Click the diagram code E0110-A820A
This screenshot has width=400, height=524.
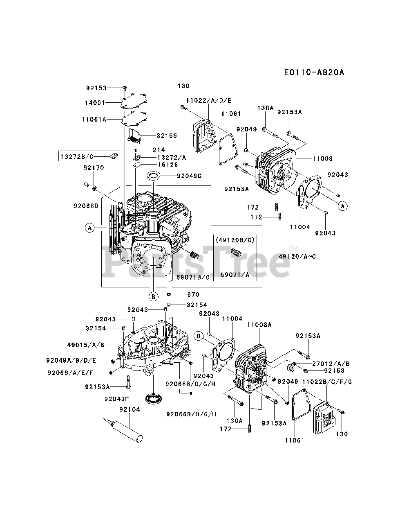coord(314,72)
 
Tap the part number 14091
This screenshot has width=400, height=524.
coord(95,103)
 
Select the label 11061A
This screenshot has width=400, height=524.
coord(94,119)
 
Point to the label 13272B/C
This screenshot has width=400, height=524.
coord(77,156)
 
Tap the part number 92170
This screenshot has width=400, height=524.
coord(94,167)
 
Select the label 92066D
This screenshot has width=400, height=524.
coord(86,206)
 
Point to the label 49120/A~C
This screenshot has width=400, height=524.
coord(297,256)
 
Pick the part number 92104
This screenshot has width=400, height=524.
coord(130,409)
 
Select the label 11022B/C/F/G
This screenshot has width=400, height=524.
coord(327,382)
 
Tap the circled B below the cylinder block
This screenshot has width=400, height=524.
coord(153,296)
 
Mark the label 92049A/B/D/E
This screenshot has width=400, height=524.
coord(71,360)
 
